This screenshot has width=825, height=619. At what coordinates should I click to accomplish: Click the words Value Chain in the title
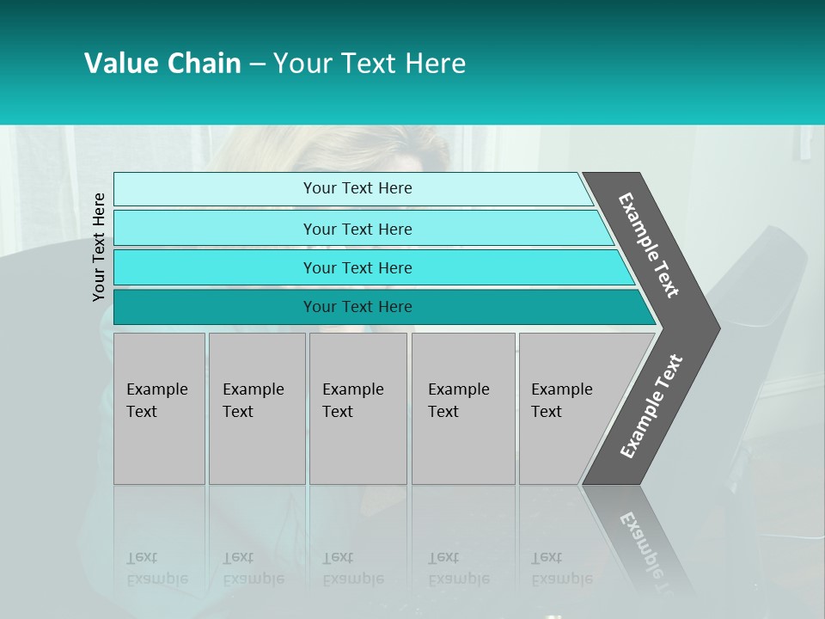coord(162,64)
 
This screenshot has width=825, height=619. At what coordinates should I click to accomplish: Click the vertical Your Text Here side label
coord(99,247)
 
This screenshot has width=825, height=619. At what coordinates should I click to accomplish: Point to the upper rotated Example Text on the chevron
coord(649,245)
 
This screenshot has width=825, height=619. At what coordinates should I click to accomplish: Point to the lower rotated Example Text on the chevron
coord(651,407)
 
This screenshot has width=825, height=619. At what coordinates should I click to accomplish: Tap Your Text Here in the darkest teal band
coord(357,307)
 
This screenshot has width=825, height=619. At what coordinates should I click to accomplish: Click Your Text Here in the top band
coord(357,188)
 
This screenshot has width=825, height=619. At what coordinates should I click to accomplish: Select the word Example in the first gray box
coord(156,389)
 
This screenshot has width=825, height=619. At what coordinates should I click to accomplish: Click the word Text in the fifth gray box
coord(546,412)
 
